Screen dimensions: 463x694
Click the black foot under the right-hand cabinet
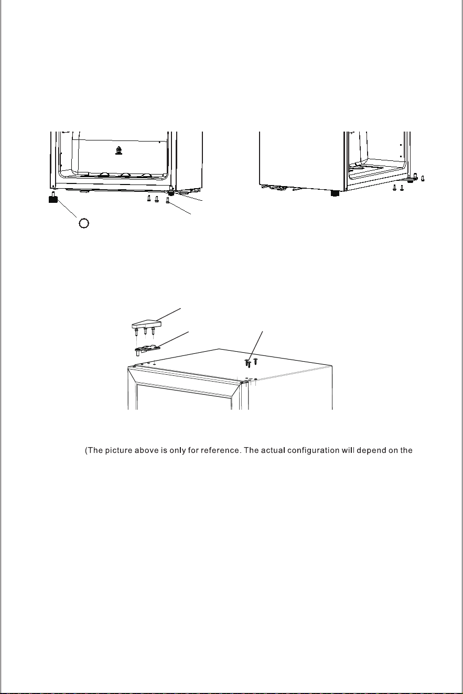tap(335, 193)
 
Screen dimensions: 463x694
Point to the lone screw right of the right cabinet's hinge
tap(423, 178)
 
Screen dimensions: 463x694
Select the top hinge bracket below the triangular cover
tap(147, 350)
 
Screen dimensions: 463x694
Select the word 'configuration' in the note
tap(314, 451)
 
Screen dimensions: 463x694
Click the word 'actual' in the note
tap(273, 450)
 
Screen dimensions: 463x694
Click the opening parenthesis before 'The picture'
tap(86, 451)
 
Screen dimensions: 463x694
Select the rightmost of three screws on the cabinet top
tap(255, 361)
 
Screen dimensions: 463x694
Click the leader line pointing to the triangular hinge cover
tap(169, 315)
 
